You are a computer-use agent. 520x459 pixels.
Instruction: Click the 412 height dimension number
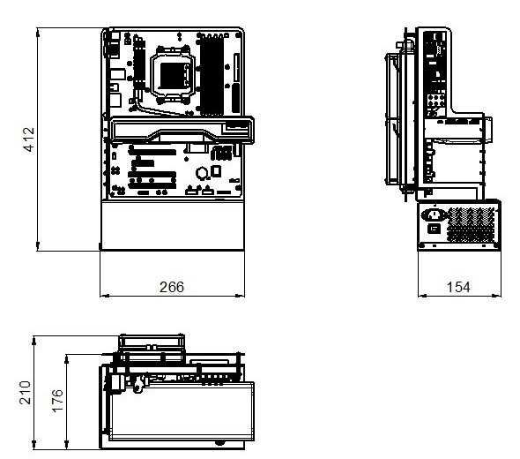(x=27, y=139)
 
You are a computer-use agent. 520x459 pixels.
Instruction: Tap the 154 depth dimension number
(x=457, y=287)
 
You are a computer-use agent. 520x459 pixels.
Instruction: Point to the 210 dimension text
(x=25, y=391)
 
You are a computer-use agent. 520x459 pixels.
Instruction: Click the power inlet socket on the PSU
(x=434, y=214)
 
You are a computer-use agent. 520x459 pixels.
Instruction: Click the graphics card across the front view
(x=181, y=133)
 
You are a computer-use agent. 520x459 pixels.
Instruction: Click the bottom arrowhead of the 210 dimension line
(x=34, y=445)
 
